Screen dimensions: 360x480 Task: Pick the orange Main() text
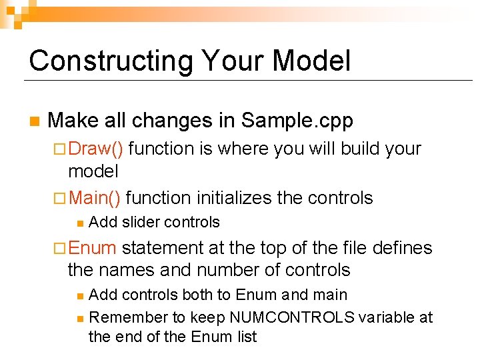pyautogui.click(x=95, y=197)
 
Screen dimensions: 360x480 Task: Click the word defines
pyautogui.click(x=400, y=248)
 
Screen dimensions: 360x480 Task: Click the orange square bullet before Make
pyautogui.click(x=33, y=122)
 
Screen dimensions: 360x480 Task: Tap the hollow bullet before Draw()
pyautogui.click(x=61, y=149)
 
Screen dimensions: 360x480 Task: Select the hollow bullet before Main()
pyautogui.click(x=61, y=198)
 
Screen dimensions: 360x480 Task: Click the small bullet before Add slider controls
pyautogui.click(x=79, y=223)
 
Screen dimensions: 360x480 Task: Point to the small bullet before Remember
pyautogui.click(x=79, y=318)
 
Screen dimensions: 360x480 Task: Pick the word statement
pyautogui.click(x=162, y=248)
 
